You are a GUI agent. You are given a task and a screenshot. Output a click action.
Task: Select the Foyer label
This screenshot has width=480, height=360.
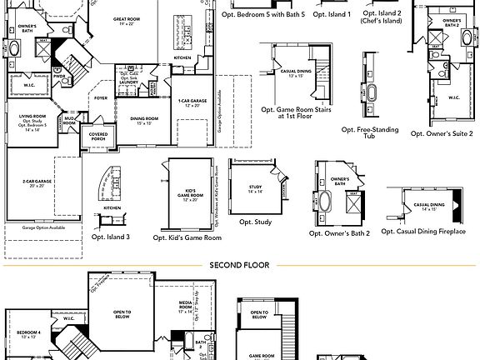pos(101,97)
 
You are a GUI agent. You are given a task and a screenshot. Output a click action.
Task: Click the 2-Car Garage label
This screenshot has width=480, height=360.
pos(35,183)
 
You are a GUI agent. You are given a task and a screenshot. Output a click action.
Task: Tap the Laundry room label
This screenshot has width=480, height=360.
pos(128,82)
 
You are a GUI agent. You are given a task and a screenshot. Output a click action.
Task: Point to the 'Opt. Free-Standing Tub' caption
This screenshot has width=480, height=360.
pos(370,133)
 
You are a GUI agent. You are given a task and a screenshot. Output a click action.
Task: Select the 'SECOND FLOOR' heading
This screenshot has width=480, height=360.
pos(239,265)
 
